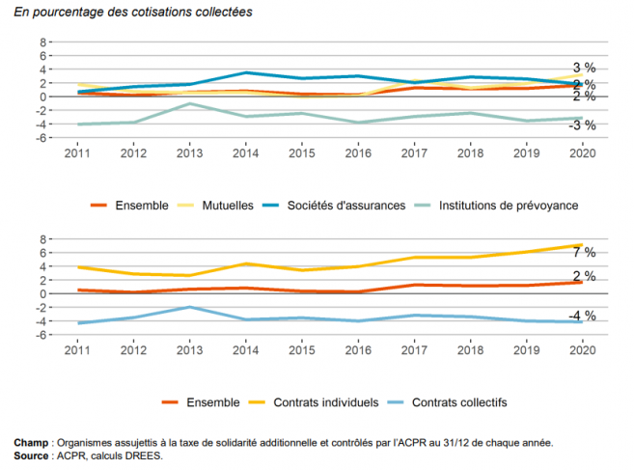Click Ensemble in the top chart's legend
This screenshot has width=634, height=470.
point(141,206)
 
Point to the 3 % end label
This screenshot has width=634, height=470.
point(584,68)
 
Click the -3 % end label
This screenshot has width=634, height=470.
point(582,125)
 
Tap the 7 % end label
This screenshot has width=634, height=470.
point(584,252)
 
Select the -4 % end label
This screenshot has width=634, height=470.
point(582,316)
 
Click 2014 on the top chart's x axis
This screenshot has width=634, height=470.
point(246,152)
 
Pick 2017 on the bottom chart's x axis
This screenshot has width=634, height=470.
point(415,349)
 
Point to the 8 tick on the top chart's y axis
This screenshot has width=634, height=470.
point(42,42)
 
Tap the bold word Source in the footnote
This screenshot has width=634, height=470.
point(33,456)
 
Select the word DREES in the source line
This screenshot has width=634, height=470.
point(146,456)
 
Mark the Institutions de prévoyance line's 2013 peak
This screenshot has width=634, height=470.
point(189,103)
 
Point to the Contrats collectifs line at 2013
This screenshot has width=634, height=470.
point(189,307)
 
